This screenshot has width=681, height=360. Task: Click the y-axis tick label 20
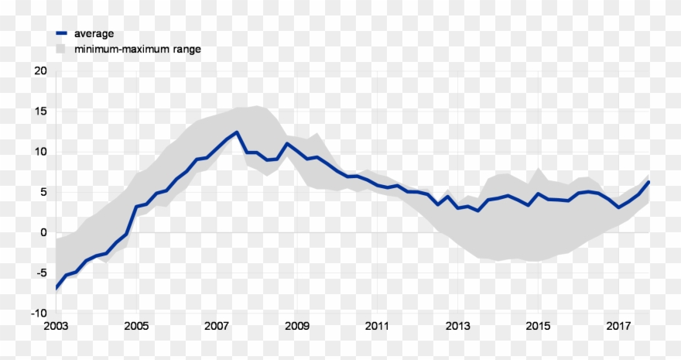click(40, 71)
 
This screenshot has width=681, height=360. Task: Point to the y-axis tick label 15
click(40, 111)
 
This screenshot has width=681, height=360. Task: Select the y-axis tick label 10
click(40, 152)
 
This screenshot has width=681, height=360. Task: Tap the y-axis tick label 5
click(43, 192)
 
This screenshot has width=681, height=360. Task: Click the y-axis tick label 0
click(43, 232)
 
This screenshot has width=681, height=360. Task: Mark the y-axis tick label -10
click(39, 313)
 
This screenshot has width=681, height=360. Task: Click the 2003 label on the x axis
click(56, 326)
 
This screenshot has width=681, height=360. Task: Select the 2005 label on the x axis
click(136, 326)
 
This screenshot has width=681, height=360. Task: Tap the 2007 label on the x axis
click(217, 326)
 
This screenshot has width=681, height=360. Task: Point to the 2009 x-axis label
click(297, 326)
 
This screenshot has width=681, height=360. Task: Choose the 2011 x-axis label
click(377, 326)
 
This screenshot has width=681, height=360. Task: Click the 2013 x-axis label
click(457, 326)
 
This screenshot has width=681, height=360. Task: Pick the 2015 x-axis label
click(538, 326)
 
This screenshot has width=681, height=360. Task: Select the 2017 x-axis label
click(618, 326)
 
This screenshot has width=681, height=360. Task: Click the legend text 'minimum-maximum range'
click(137, 49)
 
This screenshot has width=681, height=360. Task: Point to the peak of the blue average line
click(237, 132)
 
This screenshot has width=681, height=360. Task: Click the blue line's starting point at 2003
click(56, 288)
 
